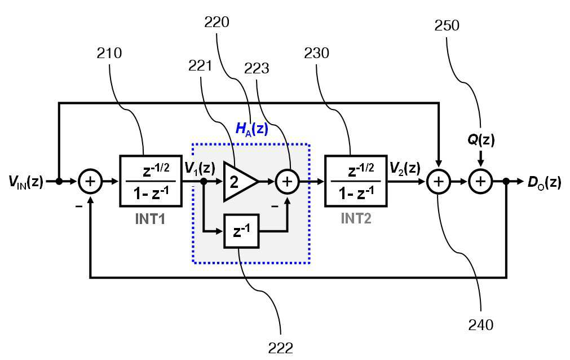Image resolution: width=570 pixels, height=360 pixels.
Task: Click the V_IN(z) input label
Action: coord(26,181)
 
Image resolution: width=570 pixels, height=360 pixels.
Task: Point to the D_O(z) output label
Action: coord(544,182)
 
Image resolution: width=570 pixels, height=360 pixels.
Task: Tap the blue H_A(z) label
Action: coord(252,129)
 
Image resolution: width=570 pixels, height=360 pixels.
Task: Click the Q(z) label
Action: coord(481,139)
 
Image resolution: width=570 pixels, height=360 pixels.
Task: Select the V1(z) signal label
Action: coord(200,168)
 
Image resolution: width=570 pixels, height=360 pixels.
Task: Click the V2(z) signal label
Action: coord(405,168)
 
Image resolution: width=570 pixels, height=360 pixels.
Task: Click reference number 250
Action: coord(447,25)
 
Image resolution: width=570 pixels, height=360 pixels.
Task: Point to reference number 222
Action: coord(281,348)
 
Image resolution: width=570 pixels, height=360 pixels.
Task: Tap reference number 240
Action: coord(480,324)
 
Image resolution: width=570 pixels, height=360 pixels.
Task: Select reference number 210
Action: coord(109,53)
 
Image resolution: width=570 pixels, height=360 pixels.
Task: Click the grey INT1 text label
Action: coord(150,219)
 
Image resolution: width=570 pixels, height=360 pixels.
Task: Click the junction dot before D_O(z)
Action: coord(506,181)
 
